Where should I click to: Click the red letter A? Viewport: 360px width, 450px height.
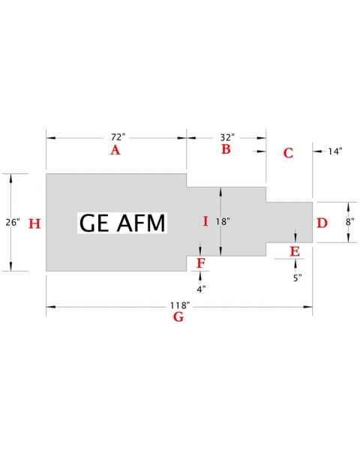[x=115, y=151]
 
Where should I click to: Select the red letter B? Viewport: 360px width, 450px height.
[x=226, y=150]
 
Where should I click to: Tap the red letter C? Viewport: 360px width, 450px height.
[x=288, y=153]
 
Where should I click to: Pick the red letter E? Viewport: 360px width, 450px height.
[x=295, y=250]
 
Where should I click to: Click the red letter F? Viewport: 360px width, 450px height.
[x=200, y=262]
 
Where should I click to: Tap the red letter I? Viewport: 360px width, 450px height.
[x=205, y=221]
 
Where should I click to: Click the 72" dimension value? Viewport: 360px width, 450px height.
[x=118, y=137]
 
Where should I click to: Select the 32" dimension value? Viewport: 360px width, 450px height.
[x=227, y=137]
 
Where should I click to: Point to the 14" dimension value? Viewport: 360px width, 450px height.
[x=335, y=151]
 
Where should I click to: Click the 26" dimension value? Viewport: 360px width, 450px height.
[x=11, y=223]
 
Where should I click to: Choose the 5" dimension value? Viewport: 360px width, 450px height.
[x=297, y=277]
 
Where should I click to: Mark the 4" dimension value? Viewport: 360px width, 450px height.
[x=200, y=289]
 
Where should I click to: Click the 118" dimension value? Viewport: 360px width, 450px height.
[x=179, y=305]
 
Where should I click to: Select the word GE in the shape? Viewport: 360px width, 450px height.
[x=94, y=223]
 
